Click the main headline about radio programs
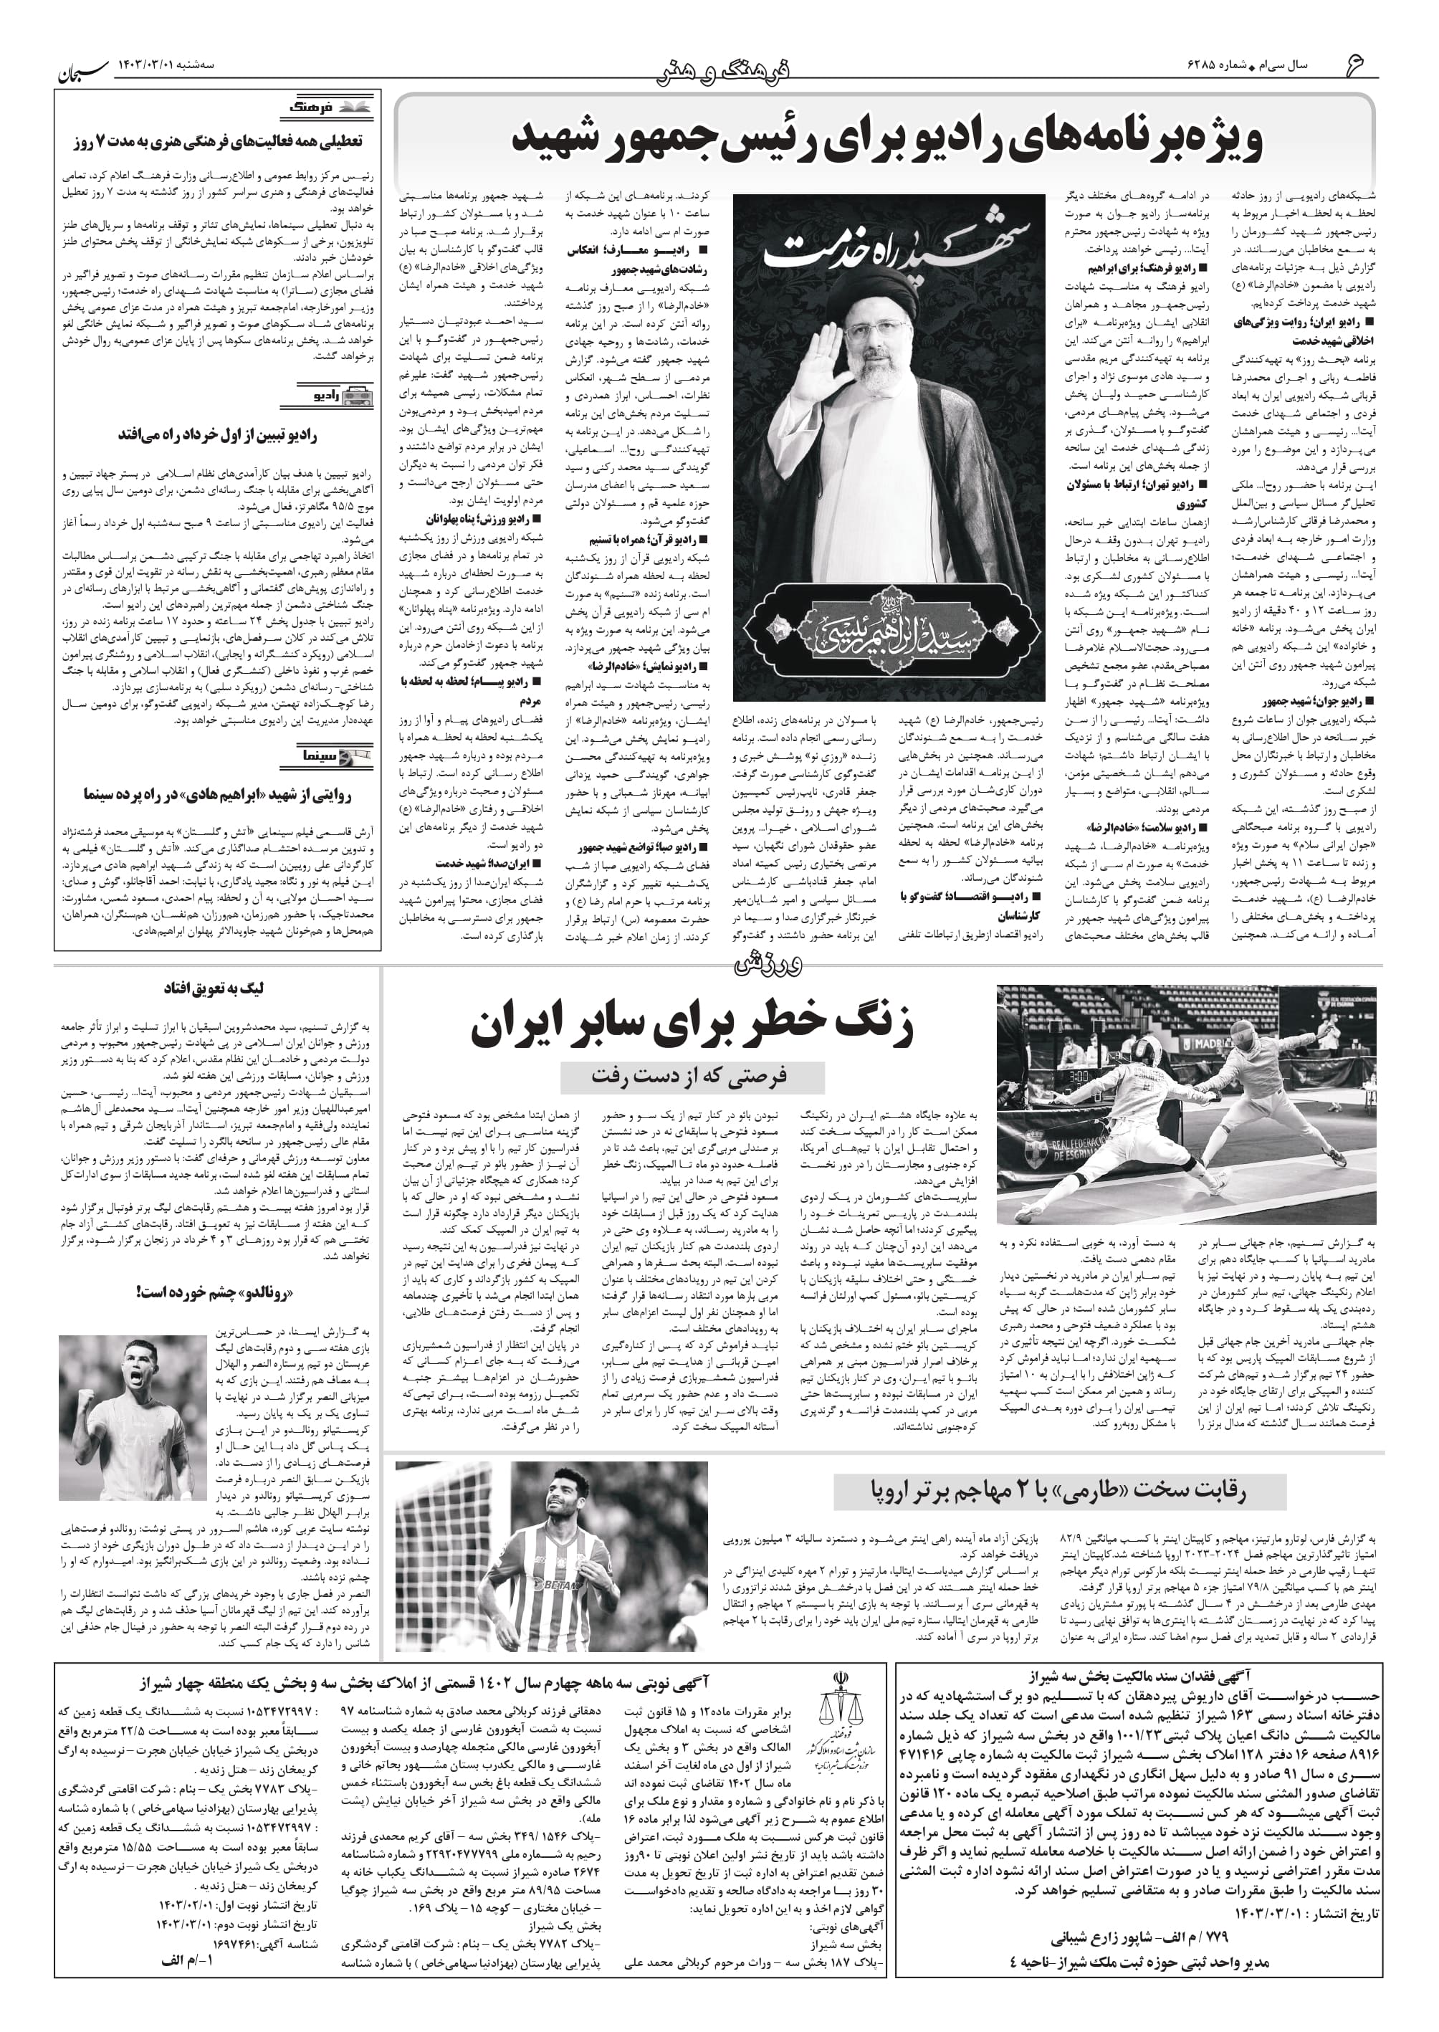click(x=886, y=140)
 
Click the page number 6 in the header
click(x=1357, y=65)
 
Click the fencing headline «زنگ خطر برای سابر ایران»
click(x=691, y=1026)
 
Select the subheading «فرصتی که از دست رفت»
click(x=691, y=1076)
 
